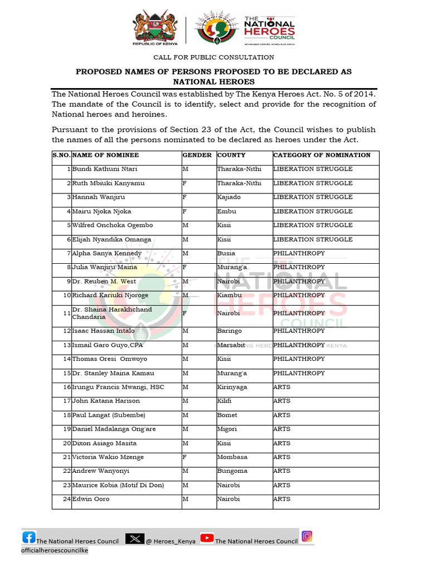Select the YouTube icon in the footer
(207, 538)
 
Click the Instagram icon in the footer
(307, 536)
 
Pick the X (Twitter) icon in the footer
(135, 539)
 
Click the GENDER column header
(197, 155)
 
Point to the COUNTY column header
(231, 155)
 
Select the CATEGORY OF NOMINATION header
(322, 155)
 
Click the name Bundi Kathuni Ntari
(105, 169)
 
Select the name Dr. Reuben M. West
(104, 281)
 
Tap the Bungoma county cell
(232, 471)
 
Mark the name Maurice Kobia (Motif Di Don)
(118, 485)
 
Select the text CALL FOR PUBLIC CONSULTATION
(214, 57)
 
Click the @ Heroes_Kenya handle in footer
(171, 541)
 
